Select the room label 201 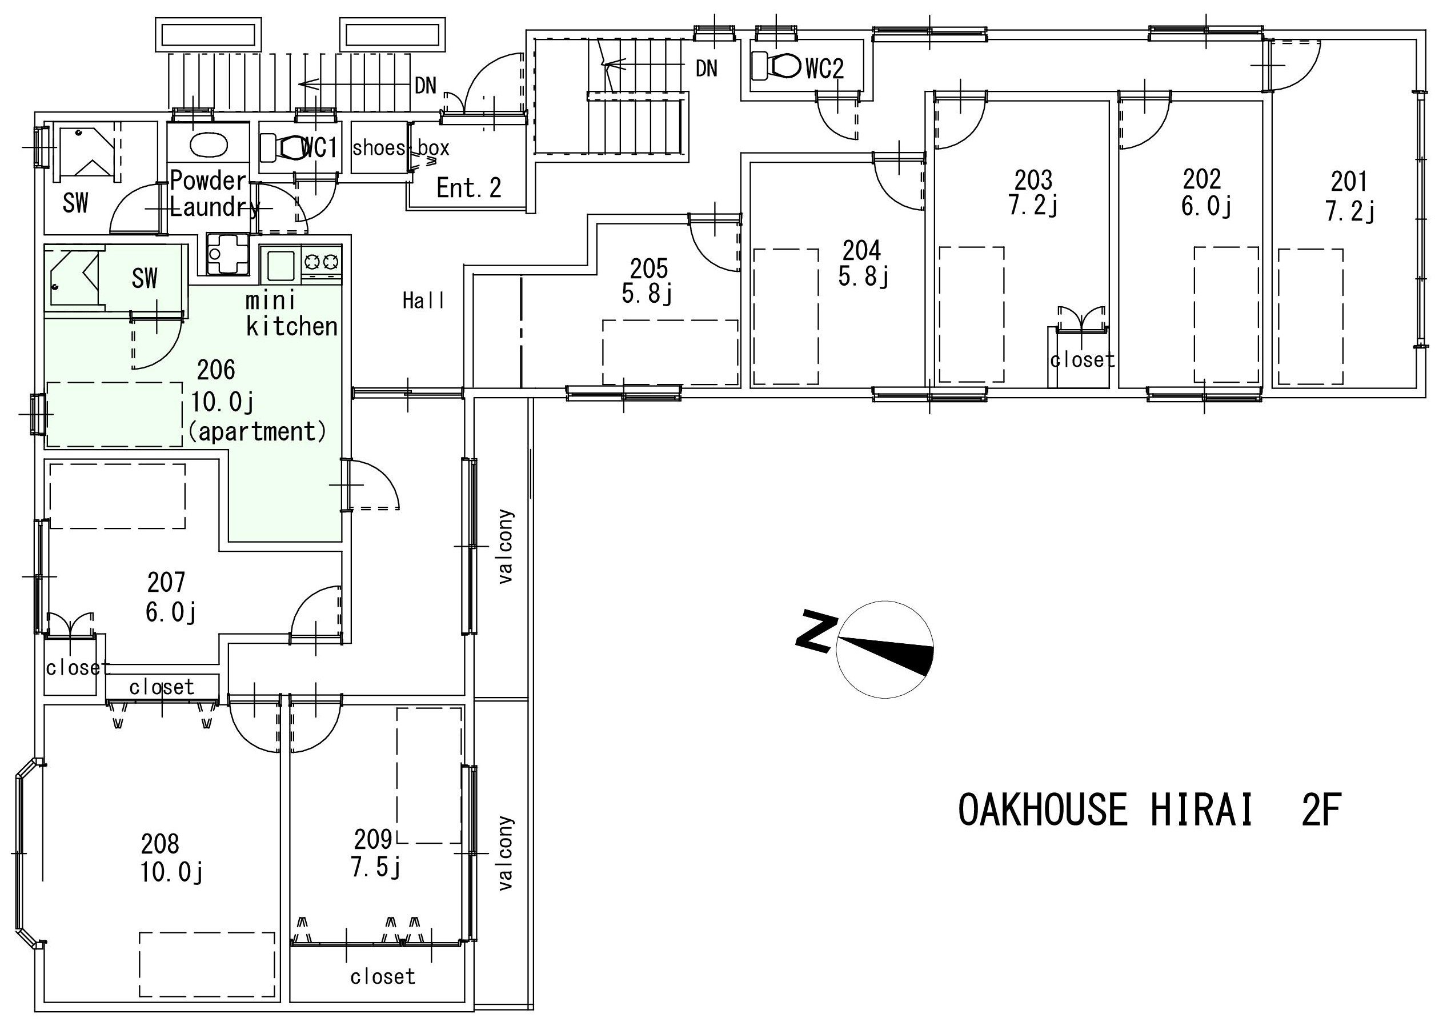tap(1349, 182)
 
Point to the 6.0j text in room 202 tap(1205, 206)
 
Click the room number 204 tap(861, 251)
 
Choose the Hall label tap(423, 300)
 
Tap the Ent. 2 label tap(469, 188)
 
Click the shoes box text tap(401, 149)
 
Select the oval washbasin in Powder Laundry tap(209, 145)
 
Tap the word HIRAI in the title tap(1201, 810)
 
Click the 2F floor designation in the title tap(1321, 810)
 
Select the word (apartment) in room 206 tap(258, 431)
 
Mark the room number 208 tap(160, 844)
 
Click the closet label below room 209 tap(383, 976)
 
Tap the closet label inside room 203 tap(1083, 359)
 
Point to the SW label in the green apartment tap(145, 278)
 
